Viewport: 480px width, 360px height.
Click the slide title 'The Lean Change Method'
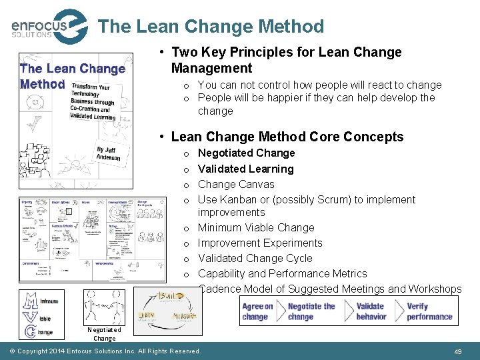click(x=211, y=27)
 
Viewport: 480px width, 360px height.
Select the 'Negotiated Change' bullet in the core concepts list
click(x=246, y=153)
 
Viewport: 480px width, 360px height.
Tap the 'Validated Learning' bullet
click(x=245, y=169)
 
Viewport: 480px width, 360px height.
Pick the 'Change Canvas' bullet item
click(x=236, y=184)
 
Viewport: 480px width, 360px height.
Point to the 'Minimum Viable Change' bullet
click(x=256, y=227)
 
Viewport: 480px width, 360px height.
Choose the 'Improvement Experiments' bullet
click(x=260, y=243)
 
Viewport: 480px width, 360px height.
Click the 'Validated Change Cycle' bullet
click(x=255, y=258)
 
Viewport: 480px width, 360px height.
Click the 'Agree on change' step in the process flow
click(x=257, y=311)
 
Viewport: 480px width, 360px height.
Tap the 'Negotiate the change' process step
click(x=311, y=311)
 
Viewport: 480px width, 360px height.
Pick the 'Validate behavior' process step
click(x=371, y=311)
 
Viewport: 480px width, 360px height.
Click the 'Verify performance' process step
click(x=429, y=311)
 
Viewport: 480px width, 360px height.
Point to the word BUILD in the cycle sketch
click(x=171, y=296)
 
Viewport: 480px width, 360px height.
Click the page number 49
click(x=457, y=351)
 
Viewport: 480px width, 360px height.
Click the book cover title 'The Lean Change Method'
click(x=72, y=76)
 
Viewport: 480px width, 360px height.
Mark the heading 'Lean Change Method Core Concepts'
click(x=287, y=137)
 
